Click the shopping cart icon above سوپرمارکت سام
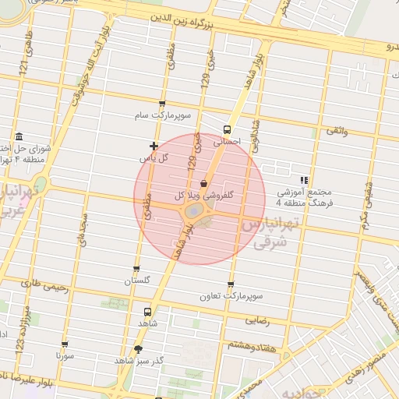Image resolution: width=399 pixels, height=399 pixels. (x=162, y=104)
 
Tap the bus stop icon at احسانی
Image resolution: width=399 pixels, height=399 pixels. (x=227, y=130)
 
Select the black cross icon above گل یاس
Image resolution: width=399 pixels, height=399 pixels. (x=154, y=146)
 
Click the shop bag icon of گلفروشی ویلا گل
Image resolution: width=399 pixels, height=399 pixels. (x=203, y=183)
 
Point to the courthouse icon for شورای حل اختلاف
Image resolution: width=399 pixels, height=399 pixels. (x=18, y=138)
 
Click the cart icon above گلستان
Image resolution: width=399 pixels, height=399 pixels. (x=137, y=269)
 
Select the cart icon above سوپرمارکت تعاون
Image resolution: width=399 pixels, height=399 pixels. (x=231, y=285)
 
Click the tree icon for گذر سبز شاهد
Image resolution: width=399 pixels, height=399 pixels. (x=139, y=349)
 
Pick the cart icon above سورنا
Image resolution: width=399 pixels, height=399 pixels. (x=64, y=344)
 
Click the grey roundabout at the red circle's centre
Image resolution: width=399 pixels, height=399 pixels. (x=192, y=210)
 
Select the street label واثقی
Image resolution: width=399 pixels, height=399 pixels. (x=336, y=132)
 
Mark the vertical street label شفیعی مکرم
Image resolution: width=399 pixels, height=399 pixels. (x=366, y=201)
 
